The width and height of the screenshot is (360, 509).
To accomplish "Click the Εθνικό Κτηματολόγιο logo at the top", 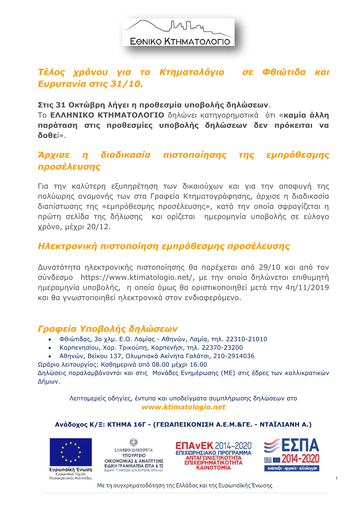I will click(178, 32).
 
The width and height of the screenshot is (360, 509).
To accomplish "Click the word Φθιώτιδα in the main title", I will click(284, 72).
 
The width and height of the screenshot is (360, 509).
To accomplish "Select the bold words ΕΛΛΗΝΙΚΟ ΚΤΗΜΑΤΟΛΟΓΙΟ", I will click(107, 115).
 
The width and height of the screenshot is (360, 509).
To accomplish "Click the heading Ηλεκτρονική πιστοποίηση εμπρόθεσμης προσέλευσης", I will click(164, 246).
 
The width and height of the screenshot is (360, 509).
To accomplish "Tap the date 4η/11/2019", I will click(307, 287).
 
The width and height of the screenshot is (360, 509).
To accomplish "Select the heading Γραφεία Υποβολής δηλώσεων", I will click(108, 329).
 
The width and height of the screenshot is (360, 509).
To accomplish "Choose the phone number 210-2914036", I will click(234, 356).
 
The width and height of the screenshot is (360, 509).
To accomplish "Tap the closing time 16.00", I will click(199, 365).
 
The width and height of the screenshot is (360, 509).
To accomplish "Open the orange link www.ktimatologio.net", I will click(183, 407).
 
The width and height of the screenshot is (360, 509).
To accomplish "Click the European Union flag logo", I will click(71, 452).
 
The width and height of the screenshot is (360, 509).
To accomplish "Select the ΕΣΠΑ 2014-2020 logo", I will click(291, 454).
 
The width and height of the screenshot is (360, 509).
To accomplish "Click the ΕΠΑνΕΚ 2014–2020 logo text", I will click(213, 446).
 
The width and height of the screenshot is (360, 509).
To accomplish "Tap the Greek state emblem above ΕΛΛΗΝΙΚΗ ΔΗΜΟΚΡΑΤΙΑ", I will click(133, 443).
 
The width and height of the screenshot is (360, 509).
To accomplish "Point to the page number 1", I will click(337, 478).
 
